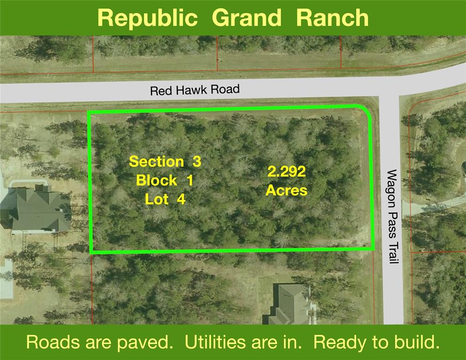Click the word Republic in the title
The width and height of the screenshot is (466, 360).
148,18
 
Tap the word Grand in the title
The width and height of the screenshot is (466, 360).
247,17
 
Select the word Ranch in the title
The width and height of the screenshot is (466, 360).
332,17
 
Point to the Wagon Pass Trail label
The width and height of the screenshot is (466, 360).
392,217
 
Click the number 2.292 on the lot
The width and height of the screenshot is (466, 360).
286,172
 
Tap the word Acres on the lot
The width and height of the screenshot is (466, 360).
286,190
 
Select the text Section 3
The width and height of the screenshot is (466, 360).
165,161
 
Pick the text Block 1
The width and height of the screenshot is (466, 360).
165,180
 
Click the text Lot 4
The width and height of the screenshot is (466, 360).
165,199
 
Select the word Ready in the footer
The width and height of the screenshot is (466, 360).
340,343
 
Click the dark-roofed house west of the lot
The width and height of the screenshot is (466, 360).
35,209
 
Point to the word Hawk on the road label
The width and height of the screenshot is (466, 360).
188,90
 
